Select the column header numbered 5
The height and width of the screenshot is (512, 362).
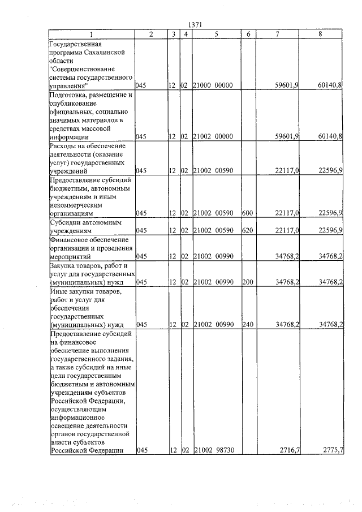click(216, 34)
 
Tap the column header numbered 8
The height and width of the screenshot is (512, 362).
click(321, 34)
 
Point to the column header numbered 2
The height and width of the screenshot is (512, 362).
click(150, 34)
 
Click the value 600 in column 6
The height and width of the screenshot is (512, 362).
click(247, 213)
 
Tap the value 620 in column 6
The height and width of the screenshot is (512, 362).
click(247, 230)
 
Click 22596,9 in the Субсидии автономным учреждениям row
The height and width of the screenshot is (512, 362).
click(331, 230)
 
